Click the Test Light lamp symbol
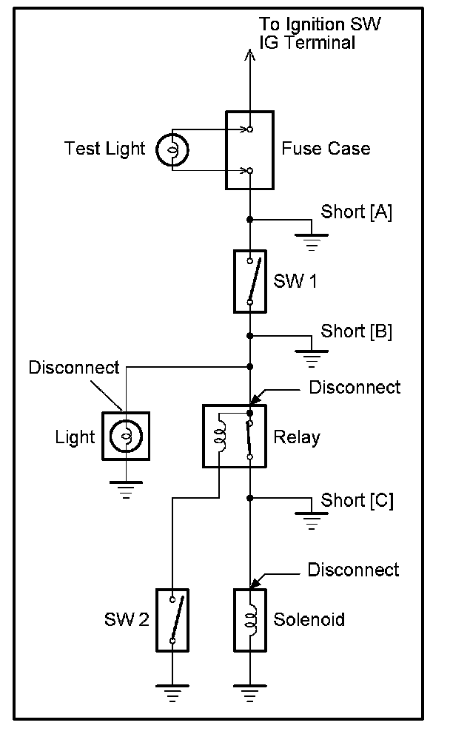[172, 149]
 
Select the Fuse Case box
[249, 150]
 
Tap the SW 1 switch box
[250, 281]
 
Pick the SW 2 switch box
[172, 620]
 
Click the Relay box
[235, 436]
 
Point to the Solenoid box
[250, 620]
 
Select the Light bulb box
[126, 436]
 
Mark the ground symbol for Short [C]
[312, 521]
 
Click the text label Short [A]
[356, 212]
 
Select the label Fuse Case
[326, 149]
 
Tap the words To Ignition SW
[320, 24]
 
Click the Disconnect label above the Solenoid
[353, 570]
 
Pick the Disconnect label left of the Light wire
[74, 368]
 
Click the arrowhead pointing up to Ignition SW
[250, 55]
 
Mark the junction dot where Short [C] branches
[250, 499]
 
